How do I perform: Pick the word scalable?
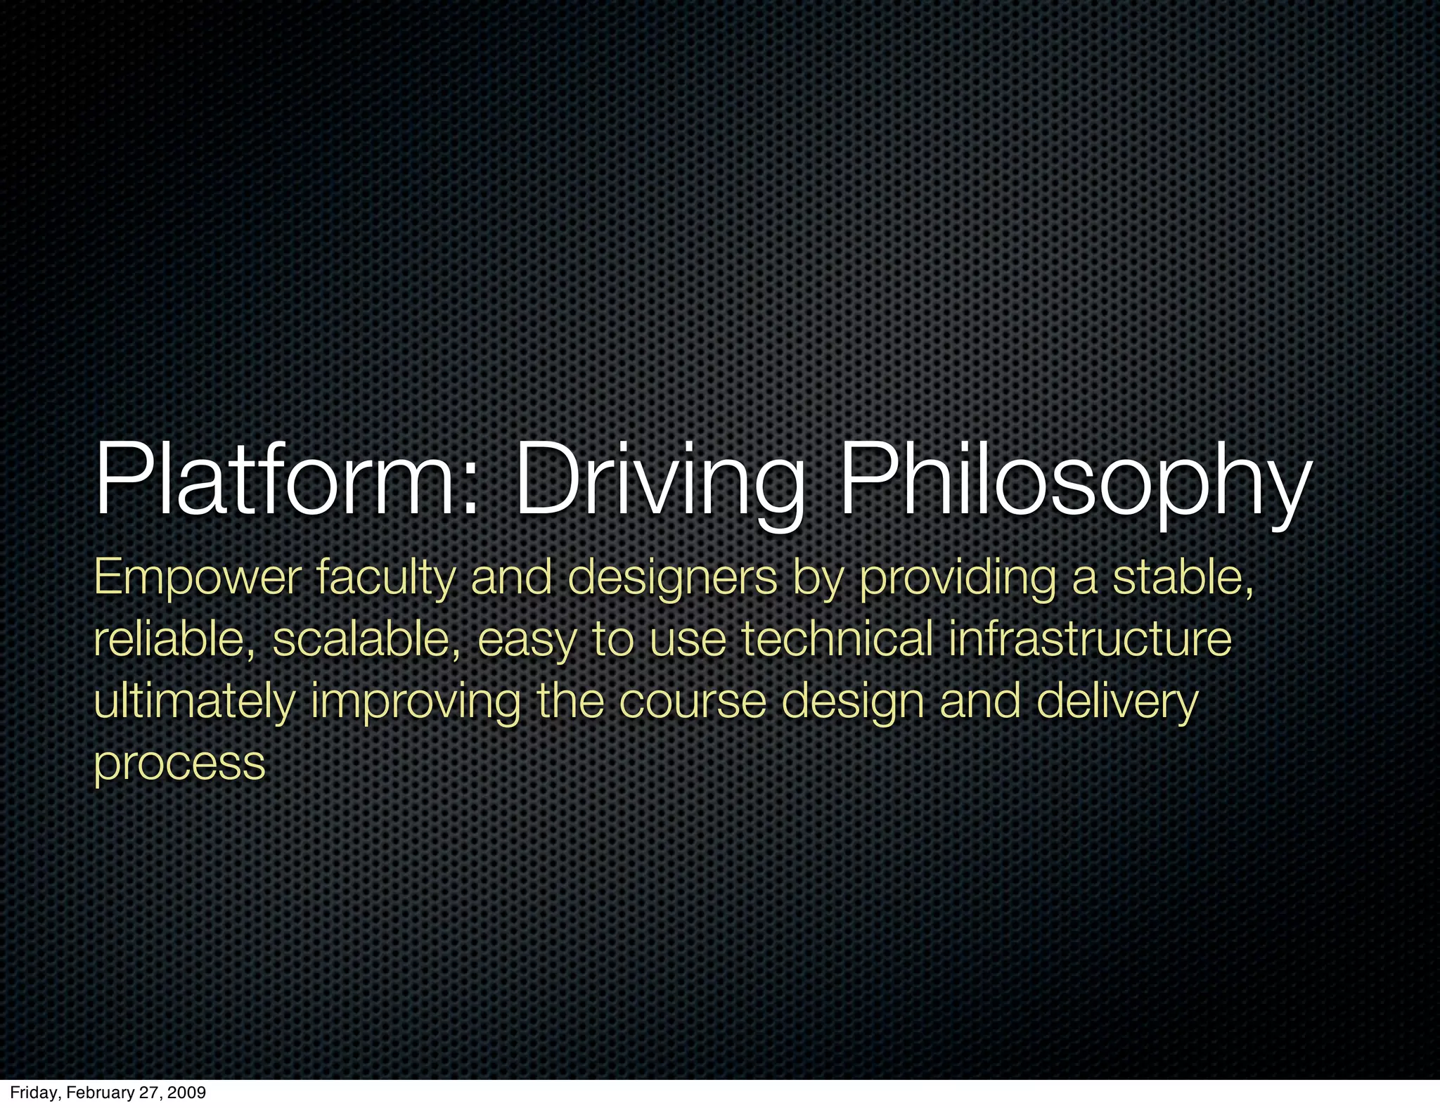(x=366, y=640)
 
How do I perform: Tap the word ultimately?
(x=194, y=702)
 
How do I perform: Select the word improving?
(x=416, y=702)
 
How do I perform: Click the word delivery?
(x=1117, y=702)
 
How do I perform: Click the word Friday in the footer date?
(x=32, y=1093)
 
